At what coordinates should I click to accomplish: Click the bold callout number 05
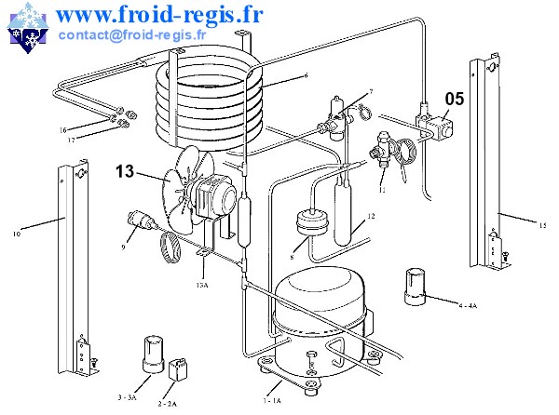(x=454, y=98)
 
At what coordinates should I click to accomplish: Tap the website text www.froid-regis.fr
(x=158, y=14)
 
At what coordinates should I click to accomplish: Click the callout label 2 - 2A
(x=169, y=404)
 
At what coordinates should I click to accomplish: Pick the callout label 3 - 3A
(x=128, y=397)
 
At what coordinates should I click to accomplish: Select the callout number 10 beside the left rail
(x=17, y=234)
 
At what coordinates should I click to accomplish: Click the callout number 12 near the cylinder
(x=370, y=216)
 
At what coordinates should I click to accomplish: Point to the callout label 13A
(x=201, y=285)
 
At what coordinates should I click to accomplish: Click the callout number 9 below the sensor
(x=123, y=247)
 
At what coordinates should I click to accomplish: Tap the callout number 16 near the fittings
(x=63, y=129)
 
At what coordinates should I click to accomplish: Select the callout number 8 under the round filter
(x=292, y=254)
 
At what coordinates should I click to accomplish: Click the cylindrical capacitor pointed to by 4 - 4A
(x=414, y=285)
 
